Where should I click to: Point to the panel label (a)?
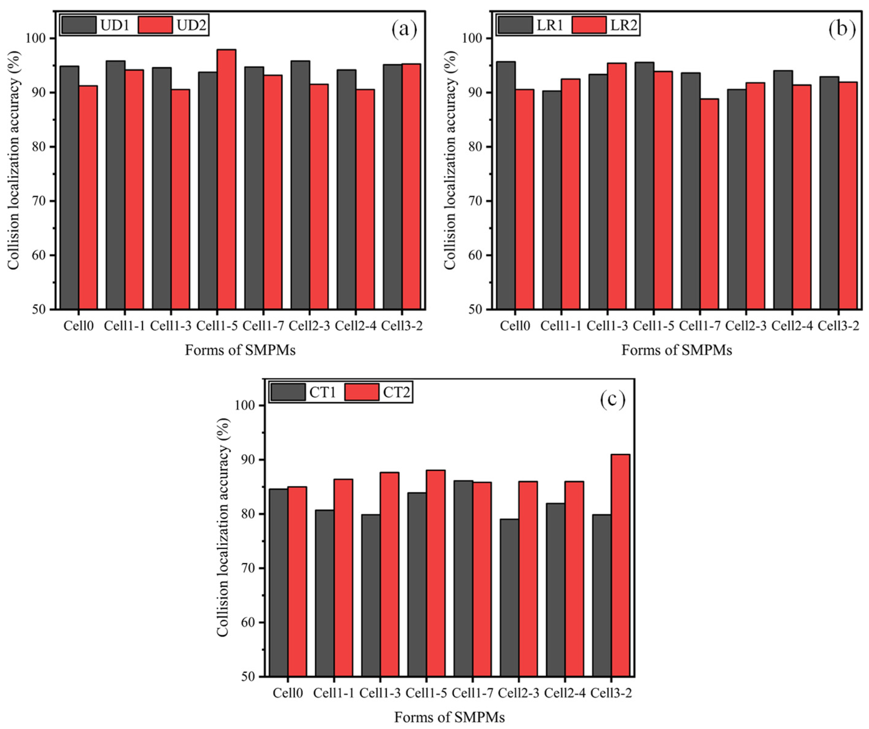point(404,30)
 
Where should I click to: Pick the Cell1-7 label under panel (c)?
point(473,693)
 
